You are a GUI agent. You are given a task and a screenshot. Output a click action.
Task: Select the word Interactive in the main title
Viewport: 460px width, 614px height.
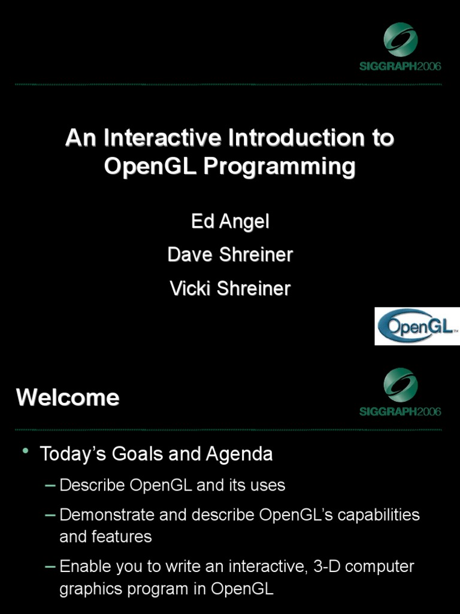point(162,139)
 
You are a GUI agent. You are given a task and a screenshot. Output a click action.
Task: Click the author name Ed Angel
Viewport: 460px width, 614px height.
point(230,222)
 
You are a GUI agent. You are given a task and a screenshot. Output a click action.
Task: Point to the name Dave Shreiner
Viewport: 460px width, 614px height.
point(230,255)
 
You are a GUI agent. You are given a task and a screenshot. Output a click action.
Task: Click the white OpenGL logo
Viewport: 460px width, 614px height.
point(417,326)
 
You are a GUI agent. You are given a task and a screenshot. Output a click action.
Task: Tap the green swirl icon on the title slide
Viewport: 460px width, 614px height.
point(400,39)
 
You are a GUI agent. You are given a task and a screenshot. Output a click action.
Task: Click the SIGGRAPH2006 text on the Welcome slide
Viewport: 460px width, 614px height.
point(400,411)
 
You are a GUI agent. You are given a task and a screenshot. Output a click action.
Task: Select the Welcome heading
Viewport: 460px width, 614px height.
point(68,398)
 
